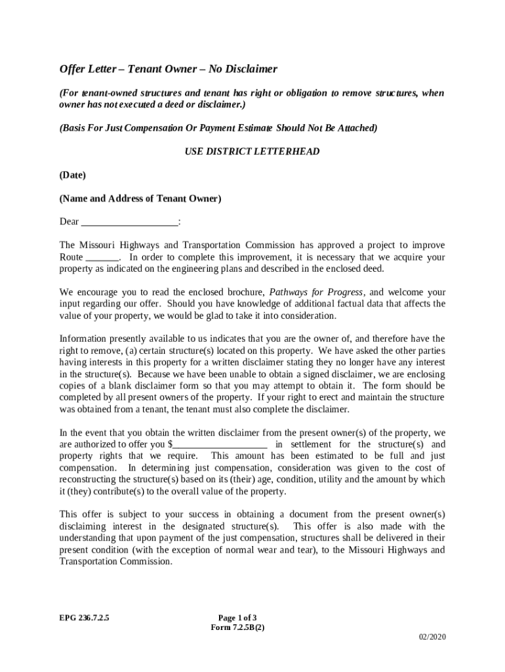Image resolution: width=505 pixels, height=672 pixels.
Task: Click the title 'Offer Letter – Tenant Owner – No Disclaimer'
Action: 169,69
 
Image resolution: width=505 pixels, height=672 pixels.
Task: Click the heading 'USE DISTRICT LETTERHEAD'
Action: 253,152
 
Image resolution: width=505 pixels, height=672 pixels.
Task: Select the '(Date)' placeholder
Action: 72,175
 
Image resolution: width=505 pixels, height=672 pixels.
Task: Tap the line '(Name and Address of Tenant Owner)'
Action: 140,198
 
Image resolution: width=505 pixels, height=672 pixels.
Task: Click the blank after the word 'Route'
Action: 102,257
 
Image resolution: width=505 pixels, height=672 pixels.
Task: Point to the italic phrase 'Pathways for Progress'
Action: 315,292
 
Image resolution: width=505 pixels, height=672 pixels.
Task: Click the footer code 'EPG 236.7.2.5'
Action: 85,618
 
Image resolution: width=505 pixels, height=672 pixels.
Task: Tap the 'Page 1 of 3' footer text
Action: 237,618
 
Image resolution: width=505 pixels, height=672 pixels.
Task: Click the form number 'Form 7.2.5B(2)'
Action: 237,627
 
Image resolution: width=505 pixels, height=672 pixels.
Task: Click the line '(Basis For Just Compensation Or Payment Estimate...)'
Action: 218,128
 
